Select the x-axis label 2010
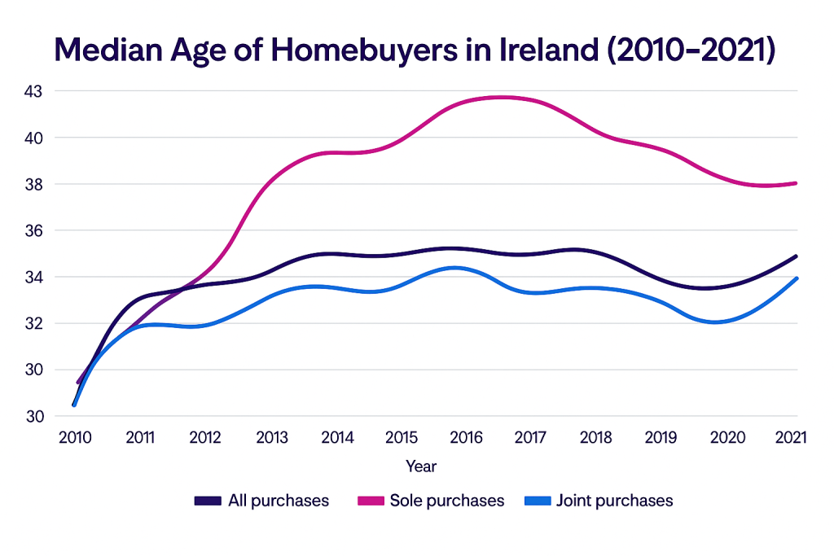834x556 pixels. coord(74,437)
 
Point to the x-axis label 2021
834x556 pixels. coord(790,437)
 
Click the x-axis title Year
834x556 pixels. coord(421,466)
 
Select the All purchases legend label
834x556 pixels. coord(278,501)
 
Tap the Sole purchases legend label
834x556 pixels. coord(447,501)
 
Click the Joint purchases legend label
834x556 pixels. coord(614,501)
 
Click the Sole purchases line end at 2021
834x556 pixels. coord(796,183)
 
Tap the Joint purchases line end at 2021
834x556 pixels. coord(796,278)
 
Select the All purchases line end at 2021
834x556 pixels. coord(796,256)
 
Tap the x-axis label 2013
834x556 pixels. coord(271,437)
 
